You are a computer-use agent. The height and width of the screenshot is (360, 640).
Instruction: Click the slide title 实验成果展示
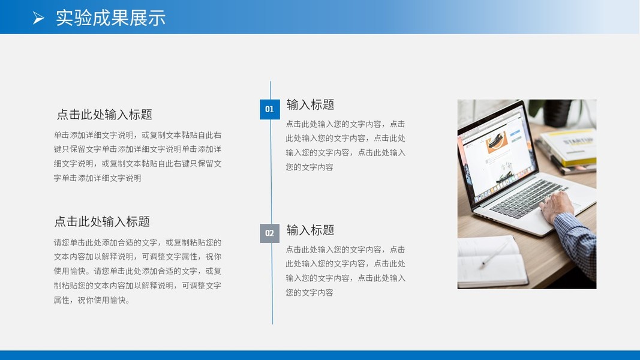(x=110, y=18)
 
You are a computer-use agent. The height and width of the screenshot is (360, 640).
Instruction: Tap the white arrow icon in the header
(x=38, y=18)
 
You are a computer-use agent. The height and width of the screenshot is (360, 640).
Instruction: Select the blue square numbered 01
(x=270, y=109)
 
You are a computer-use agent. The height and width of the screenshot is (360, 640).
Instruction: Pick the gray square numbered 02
(x=270, y=233)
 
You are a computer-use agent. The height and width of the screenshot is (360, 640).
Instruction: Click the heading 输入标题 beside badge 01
(x=310, y=104)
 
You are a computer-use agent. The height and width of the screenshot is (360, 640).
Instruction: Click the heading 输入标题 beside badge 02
(x=310, y=230)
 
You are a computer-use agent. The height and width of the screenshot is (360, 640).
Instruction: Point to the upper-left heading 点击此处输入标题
(x=104, y=114)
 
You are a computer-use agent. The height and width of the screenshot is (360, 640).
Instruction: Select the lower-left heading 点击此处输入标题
(x=102, y=221)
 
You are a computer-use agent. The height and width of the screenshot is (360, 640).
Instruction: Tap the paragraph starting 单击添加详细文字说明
(x=137, y=157)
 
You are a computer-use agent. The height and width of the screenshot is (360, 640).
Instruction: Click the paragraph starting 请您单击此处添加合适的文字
(x=137, y=271)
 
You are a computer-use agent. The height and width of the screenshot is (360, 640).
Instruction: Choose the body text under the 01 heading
(x=345, y=145)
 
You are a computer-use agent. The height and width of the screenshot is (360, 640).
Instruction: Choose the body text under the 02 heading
(x=345, y=271)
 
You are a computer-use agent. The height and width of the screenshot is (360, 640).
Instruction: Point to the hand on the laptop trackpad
(x=557, y=206)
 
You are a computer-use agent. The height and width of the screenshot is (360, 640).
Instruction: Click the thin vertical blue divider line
(x=272, y=203)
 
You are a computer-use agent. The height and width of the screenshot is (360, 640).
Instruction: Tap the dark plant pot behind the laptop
(x=558, y=113)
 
